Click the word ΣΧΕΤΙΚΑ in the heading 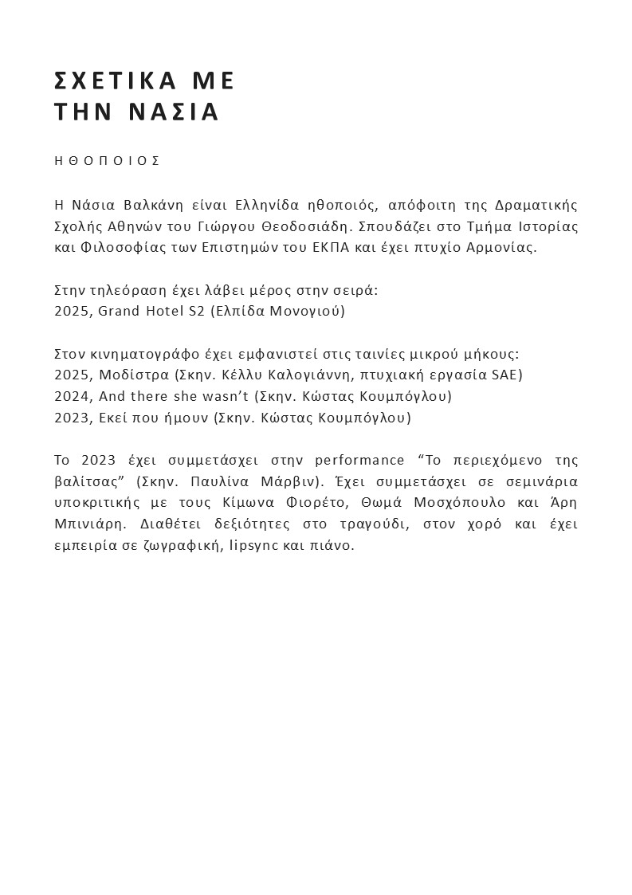point(115,81)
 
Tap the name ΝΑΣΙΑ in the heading point(173,112)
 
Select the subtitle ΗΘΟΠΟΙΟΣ point(108,160)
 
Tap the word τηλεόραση point(129,289)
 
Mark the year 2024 point(72,396)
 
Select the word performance point(361,461)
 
